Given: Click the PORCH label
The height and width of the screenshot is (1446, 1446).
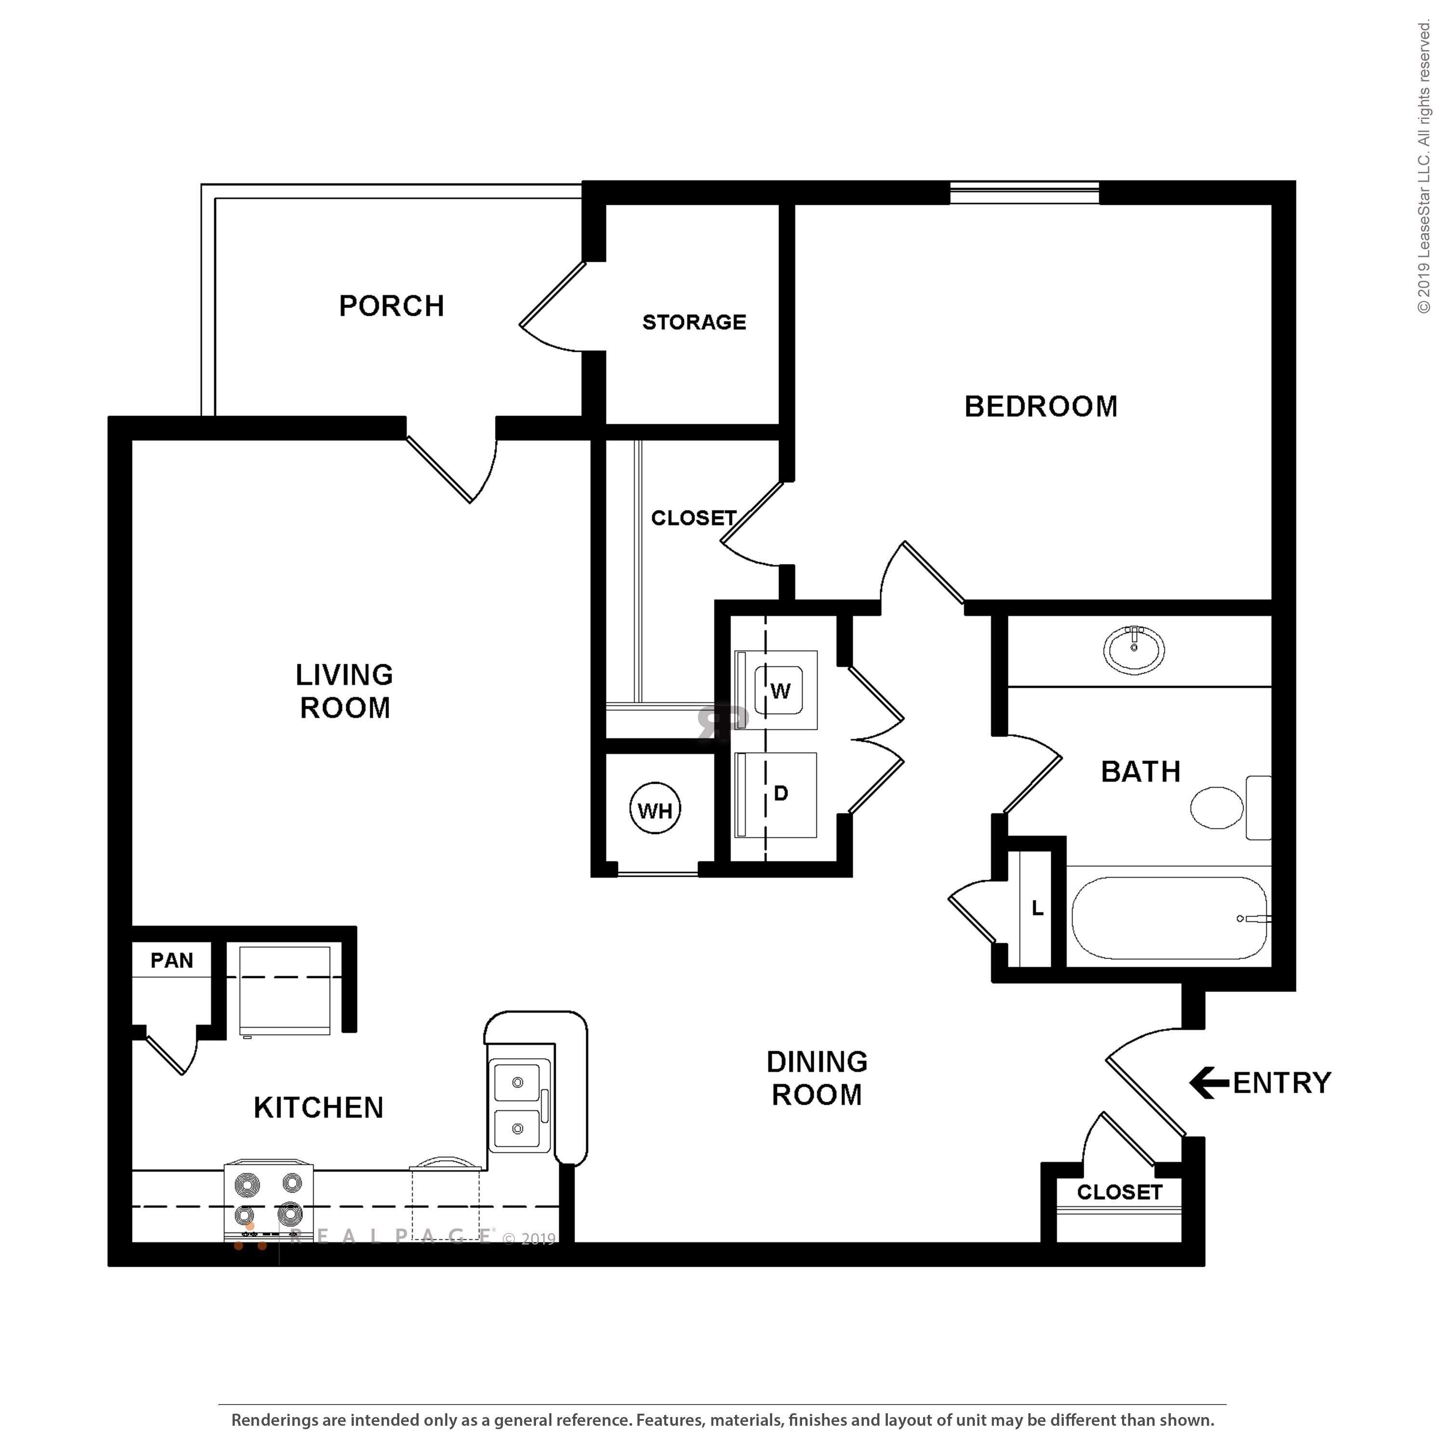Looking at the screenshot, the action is pos(391,306).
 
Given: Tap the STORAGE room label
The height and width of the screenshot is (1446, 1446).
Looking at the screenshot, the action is pos(694,322).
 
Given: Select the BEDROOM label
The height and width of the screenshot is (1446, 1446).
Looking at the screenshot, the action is pos(1040,406).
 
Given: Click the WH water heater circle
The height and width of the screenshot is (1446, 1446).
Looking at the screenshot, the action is pos(655,810).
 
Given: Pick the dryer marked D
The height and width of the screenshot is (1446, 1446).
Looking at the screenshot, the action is pos(776,795).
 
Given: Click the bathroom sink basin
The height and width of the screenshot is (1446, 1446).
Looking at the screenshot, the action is pos(1133,650).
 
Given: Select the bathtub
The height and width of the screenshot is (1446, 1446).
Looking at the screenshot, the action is pos(1169,918).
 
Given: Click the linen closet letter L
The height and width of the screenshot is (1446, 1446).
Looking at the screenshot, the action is pos(1037,909).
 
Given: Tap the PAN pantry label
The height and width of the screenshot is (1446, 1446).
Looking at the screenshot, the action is pos(172,960).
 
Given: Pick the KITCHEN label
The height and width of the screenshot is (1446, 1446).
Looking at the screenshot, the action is pos(318,1108).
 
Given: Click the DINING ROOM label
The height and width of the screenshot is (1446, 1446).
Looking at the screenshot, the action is pos(817,1079).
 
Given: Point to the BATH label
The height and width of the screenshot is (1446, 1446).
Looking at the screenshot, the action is pos(1140,772).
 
